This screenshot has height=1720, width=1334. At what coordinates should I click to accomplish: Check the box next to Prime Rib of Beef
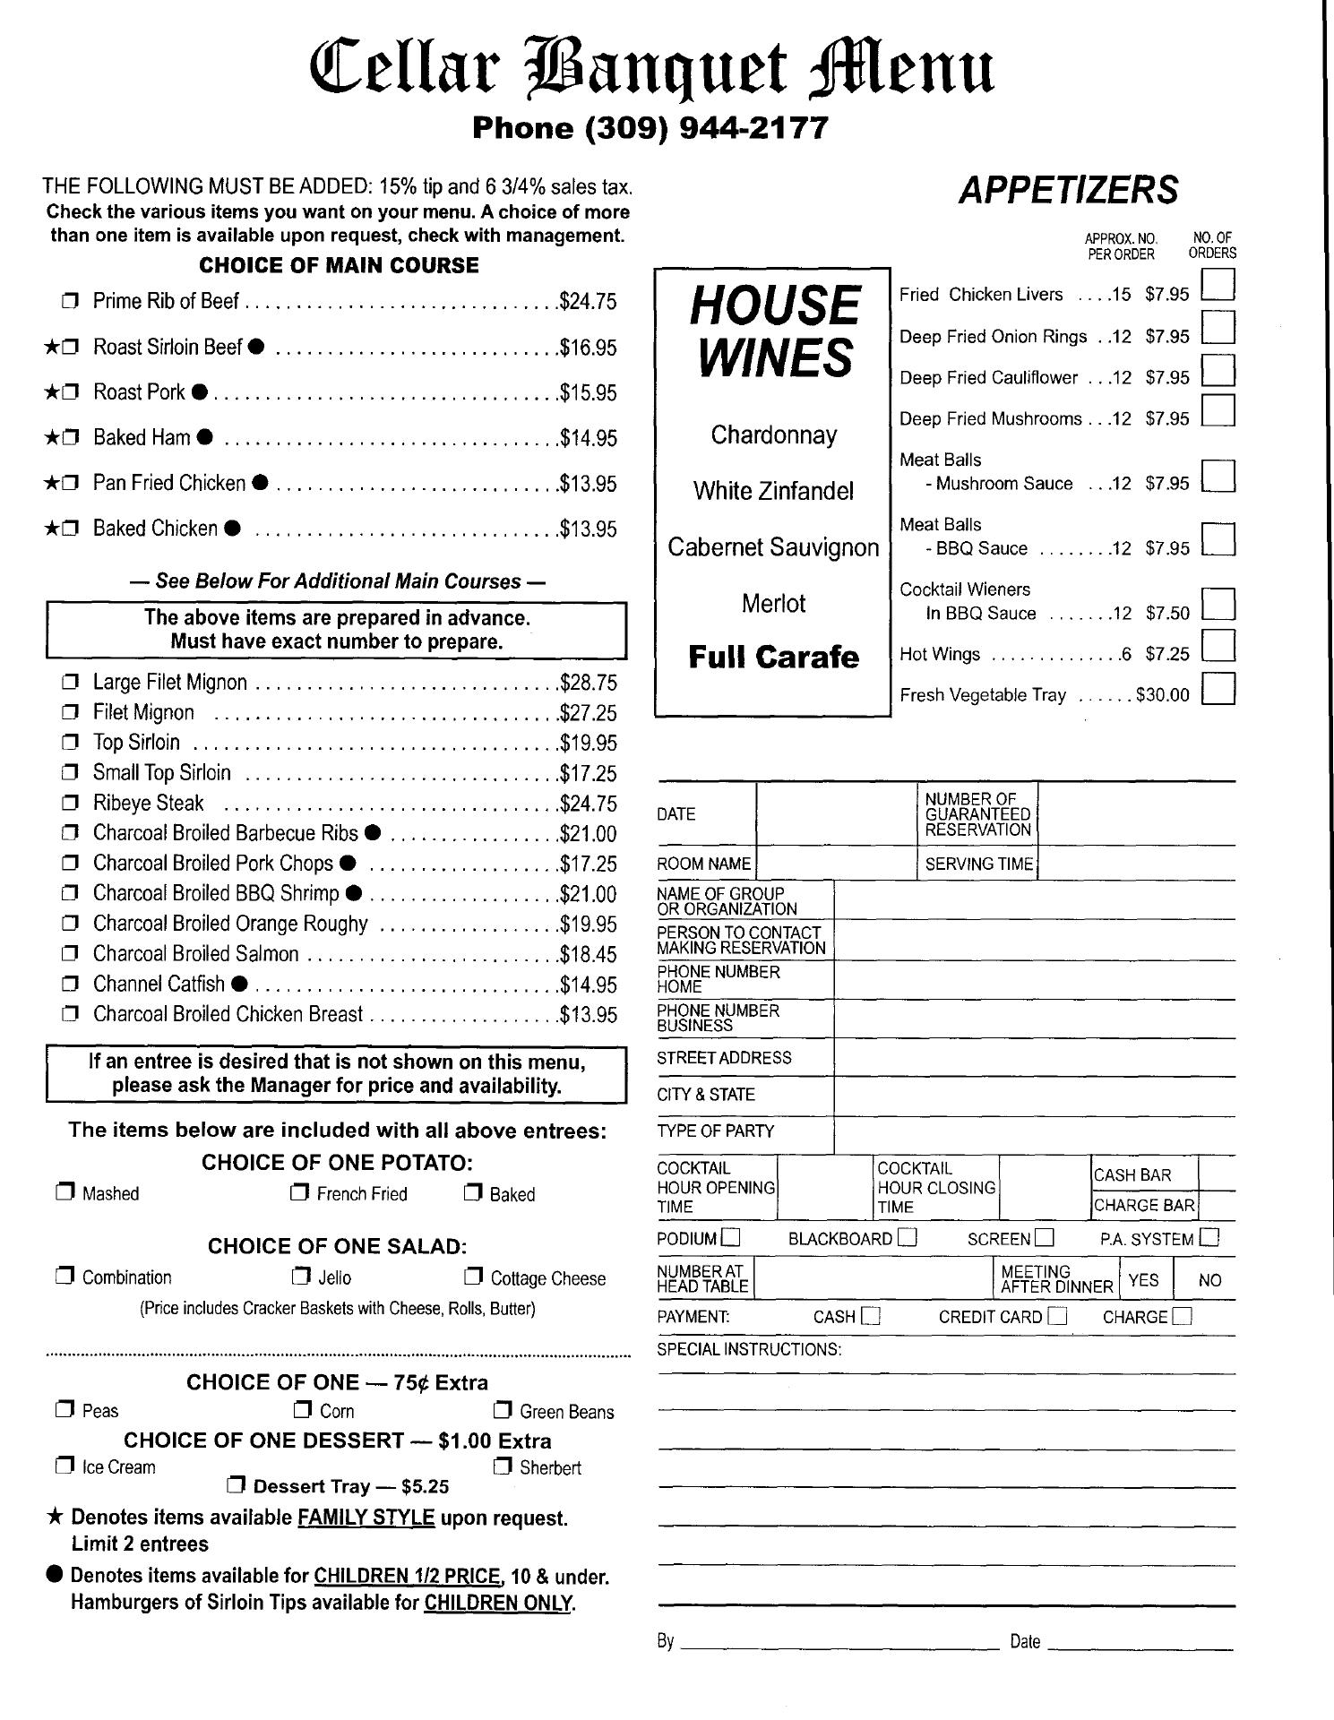pos(70,302)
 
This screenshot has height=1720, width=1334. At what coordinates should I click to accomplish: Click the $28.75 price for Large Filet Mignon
pos(588,683)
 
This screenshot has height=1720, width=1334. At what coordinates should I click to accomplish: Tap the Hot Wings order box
pos(1218,646)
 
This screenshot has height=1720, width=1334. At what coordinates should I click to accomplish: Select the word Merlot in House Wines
pos(773,604)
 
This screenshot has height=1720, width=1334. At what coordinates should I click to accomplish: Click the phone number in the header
pos(650,128)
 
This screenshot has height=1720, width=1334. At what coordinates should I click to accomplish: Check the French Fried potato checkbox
pos(299,1193)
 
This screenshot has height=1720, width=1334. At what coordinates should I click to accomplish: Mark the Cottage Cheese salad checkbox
pos(473,1277)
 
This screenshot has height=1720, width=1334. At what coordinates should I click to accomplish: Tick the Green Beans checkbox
pos(503,1411)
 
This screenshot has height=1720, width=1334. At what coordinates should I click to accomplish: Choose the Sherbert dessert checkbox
pos(503,1466)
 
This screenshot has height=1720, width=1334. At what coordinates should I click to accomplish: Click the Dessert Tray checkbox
pos(236,1486)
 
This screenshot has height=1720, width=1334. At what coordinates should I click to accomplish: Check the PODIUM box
pos(731,1238)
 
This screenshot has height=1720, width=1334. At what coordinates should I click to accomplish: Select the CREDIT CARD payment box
pos(1058,1316)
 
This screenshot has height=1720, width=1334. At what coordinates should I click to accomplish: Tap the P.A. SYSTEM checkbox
pos(1209,1238)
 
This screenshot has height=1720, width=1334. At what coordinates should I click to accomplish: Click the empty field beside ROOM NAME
pos(835,864)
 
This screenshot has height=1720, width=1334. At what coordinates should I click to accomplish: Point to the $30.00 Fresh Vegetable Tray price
pos(1162,695)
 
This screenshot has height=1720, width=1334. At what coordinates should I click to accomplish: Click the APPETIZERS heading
pos(1068,190)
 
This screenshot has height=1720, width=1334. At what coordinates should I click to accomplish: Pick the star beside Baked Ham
pos(51,438)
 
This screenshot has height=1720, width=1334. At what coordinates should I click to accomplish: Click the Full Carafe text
pos(773,657)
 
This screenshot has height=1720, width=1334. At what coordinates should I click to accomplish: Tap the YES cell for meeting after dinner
pos(1143,1280)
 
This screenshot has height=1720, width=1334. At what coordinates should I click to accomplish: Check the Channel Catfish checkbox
pos(70,985)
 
